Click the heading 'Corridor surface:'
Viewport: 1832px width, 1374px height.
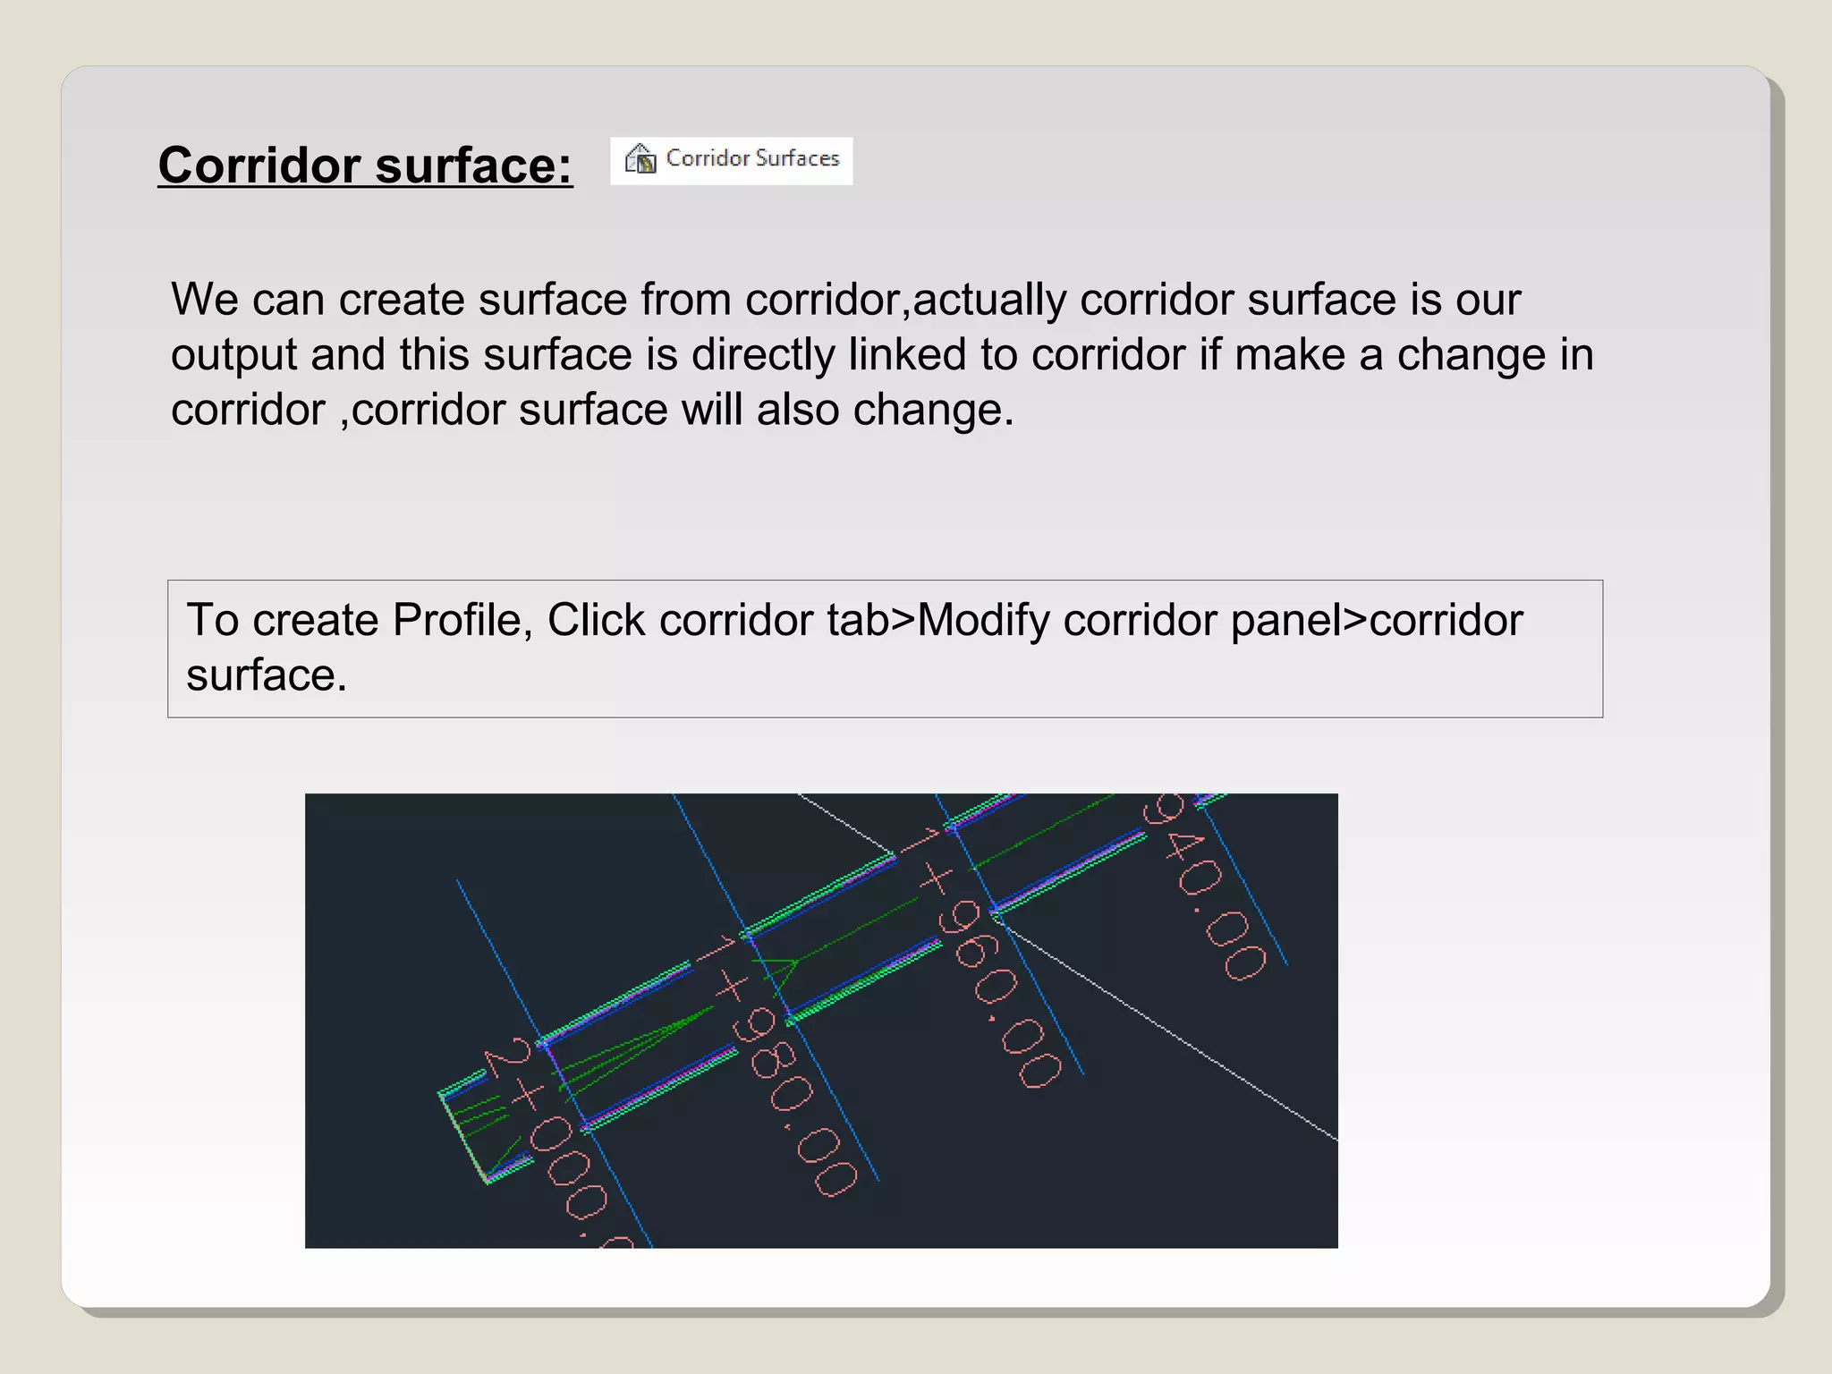[x=365, y=165]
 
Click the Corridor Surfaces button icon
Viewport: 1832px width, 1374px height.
[x=640, y=159]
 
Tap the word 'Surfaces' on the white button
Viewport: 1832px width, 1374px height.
[x=798, y=158]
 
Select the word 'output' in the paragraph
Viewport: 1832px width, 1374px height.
[x=233, y=355]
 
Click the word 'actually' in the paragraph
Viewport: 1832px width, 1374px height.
[x=989, y=300]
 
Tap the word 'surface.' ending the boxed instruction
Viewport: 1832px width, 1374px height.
[x=266, y=675]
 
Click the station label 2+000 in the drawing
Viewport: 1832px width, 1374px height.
[x=555, y=1136]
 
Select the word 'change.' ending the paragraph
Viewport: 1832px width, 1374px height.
[x=933, y=411]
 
